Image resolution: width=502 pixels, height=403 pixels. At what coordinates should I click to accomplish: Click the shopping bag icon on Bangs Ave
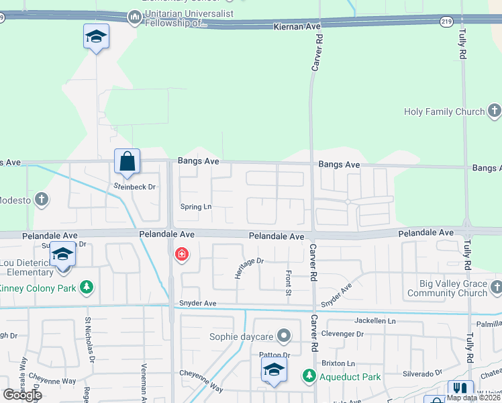click(x=126, y=161)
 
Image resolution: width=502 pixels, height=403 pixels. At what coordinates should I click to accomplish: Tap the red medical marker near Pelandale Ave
click(x=181, y=255)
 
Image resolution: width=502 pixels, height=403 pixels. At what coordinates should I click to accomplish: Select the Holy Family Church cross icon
click(x=495, y=110)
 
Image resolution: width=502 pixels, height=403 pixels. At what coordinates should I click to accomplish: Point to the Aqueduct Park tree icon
click(x=309, y=376)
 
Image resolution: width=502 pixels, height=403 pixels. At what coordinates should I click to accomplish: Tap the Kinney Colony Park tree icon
click(x=86, y=288)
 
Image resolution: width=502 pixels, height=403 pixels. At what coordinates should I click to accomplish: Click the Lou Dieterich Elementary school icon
click(x=62, y=256)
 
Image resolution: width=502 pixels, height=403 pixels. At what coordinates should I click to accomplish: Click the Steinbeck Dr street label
click(x=134, y=187)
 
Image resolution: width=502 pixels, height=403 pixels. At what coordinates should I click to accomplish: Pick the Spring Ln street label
click(x=195, y=207)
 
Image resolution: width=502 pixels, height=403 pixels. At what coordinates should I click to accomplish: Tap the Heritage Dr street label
click(x=249, y=269)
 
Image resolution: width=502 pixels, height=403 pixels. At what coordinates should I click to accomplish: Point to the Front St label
click(x=288, y=282)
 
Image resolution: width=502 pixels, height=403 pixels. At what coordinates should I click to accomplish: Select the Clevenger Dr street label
click(x=342, y=334)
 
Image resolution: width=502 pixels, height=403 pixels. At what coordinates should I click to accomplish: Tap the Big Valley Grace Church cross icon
click(x=496, y=288)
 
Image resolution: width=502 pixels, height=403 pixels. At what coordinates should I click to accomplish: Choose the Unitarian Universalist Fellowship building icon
click(x=134, y=16)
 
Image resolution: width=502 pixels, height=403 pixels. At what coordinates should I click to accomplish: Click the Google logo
click(x=22, y=395)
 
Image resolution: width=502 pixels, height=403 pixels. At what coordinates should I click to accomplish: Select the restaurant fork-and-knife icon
click(x=460, y=390)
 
